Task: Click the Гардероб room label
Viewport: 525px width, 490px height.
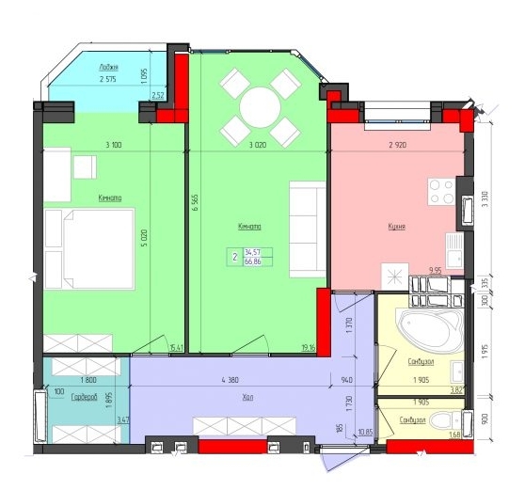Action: [84, 398]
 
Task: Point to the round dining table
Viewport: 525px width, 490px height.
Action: [259, 105]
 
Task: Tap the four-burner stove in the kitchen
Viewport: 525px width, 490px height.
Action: [441, 191]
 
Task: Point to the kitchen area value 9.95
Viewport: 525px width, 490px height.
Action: [436, 271]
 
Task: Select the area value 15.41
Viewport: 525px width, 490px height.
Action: [174, 348]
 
